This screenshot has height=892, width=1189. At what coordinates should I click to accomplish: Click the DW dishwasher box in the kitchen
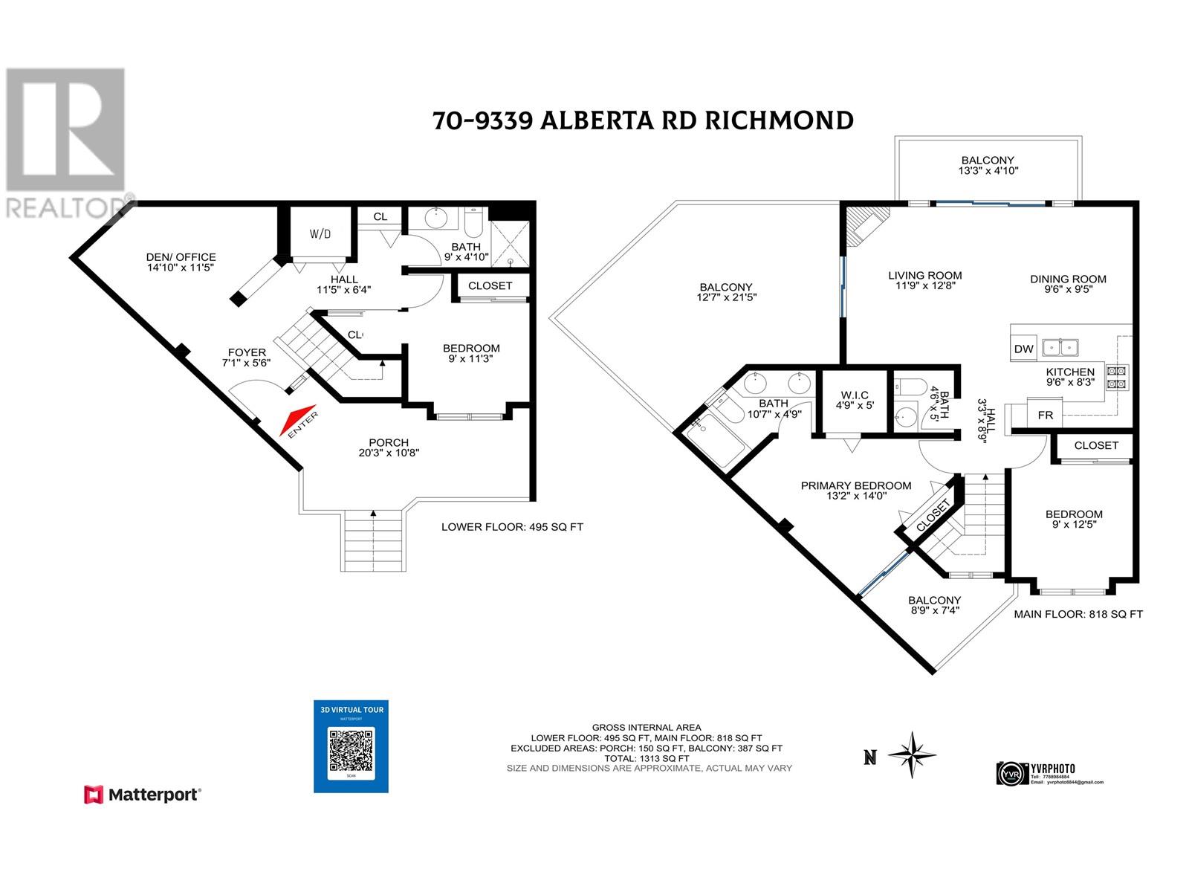[1023, 349]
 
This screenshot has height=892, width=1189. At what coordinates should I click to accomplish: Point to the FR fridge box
[1045, 415]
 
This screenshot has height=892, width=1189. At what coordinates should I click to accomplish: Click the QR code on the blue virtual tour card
[351, 750]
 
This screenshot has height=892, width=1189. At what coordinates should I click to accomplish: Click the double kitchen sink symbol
[1060, 347]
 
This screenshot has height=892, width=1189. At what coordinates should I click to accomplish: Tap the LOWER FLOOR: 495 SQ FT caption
[512, 527]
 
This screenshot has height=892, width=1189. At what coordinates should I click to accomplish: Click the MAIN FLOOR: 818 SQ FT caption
[1078, 614]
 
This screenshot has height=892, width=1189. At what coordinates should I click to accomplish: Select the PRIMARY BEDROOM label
[855, 486]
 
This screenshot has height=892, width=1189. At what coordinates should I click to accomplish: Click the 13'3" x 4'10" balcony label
[987, 170]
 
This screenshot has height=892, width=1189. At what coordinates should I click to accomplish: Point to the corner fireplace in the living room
[865, 223]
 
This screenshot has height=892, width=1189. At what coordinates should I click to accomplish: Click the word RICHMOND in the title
[778, 120]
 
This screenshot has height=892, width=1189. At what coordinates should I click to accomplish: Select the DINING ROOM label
[1068, 279]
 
